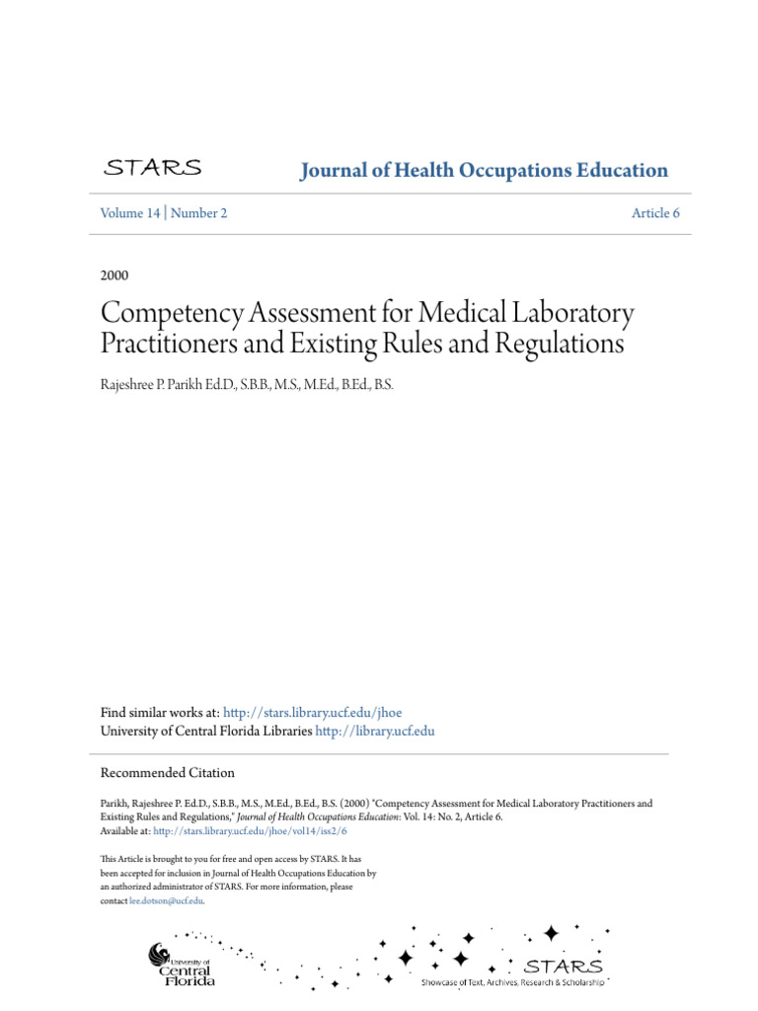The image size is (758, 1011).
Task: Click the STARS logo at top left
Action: (x=153, y=168)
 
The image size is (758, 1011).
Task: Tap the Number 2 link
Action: (x=198, y=213)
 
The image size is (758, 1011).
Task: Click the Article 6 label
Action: (x=656, y=213)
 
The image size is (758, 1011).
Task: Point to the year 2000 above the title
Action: (x=114, y=274)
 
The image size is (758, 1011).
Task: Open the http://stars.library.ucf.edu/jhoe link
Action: (x=313, y=713)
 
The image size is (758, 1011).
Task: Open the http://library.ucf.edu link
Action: (x=374, y=732)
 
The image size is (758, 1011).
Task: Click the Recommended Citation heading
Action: (x=168, y=773)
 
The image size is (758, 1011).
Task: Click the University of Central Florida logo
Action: (x=182, y=965)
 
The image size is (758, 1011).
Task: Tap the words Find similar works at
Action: (x=160, y=713)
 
